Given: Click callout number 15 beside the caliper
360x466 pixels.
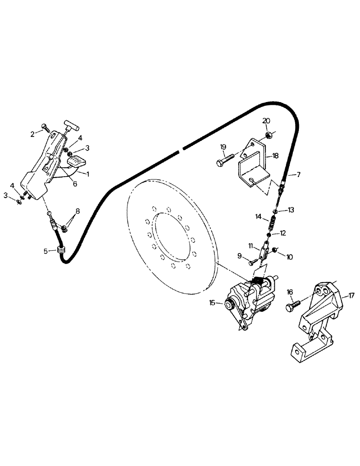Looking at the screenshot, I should [x=213, y=303].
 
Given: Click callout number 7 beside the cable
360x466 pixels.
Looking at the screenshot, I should [x=299, y=174].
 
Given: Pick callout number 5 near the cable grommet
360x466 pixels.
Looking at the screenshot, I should [x=46, y=251].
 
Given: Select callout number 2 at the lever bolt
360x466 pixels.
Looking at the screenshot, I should [x=33, y=134].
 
